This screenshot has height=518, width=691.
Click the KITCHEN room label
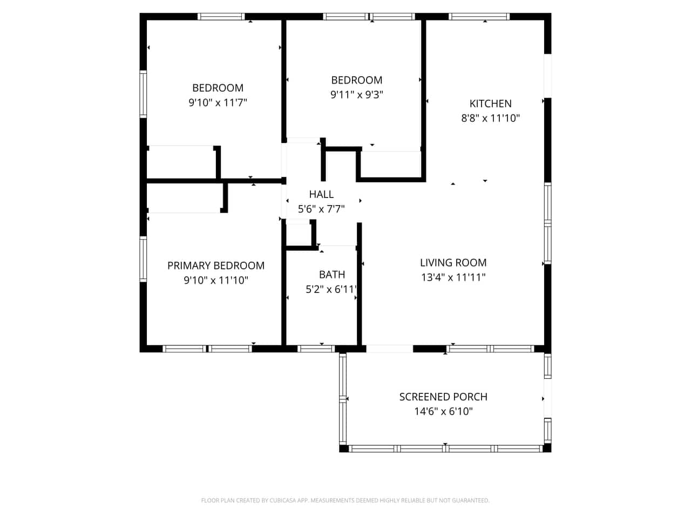(490, 104)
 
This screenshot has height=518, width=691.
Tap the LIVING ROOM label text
(453, 263)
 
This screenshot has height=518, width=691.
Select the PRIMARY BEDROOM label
(215, 266)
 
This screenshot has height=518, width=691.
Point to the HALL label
(321, 194)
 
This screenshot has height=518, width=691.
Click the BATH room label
(332, 275)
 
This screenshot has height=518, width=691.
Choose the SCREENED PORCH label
(443, 397)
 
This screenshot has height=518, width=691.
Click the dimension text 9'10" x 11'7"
(218, 103)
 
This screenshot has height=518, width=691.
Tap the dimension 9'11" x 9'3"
(356, 94)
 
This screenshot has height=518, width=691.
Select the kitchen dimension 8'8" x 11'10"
(490, 118)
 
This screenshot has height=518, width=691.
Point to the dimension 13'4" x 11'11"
(453, 277)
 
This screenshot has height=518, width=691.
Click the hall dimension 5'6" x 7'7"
(321, 209)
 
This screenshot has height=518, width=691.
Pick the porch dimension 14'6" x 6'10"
(443, 411)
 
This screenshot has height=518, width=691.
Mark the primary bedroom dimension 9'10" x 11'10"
(215, 280)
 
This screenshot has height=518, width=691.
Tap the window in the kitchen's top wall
(479, 17)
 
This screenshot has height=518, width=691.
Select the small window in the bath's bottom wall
(316, 349)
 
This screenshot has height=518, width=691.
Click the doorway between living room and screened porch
(389, 349)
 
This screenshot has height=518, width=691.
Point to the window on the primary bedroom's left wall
(143, 259)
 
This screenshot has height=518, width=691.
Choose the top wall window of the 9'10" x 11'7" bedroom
(221, 17)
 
